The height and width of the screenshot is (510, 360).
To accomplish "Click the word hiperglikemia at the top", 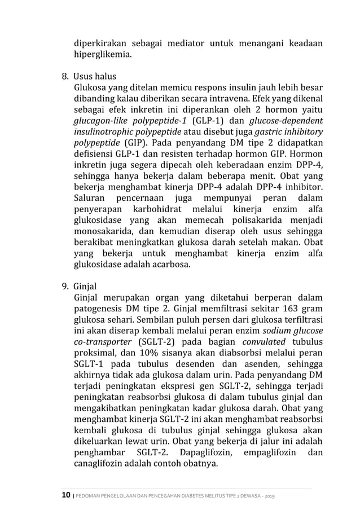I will (x=103, y=55).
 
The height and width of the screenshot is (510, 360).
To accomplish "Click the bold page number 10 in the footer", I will (x=64, y=496).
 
